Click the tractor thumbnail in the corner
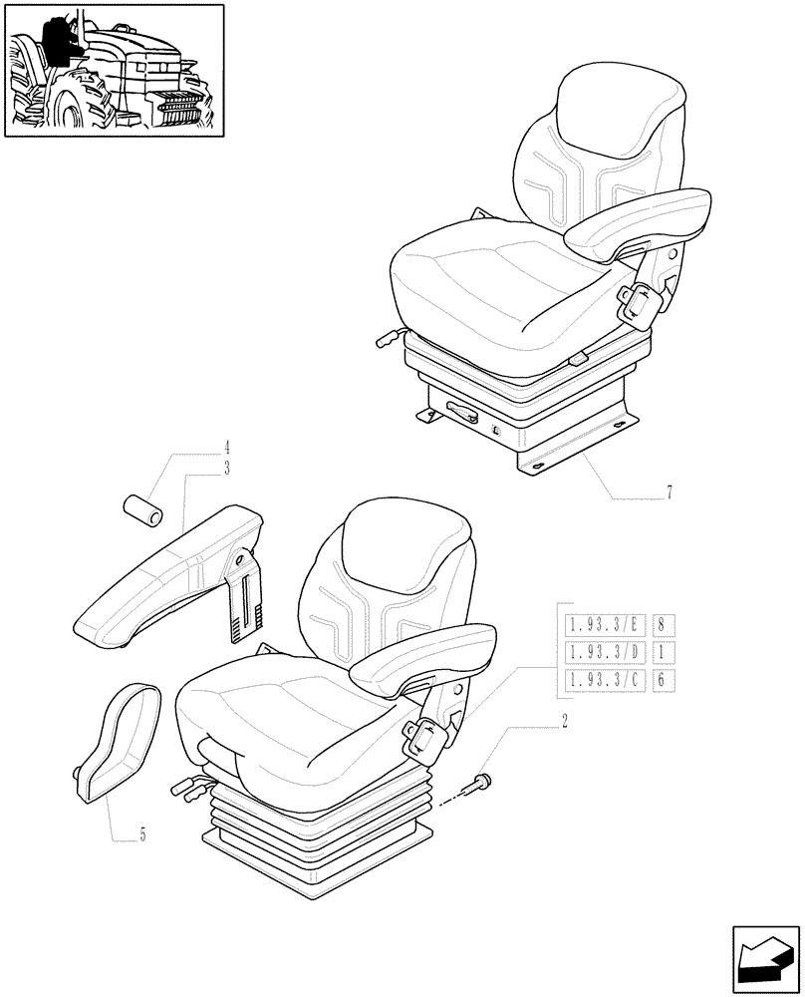[x=113, y=71]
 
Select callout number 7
[x=670, y=492]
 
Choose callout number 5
[x=141, y=835]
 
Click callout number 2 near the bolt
[x=565, y=720]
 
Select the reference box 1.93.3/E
[x=605, y=626]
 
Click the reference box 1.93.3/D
[x=605, y=653]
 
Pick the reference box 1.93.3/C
[x=605, y=680]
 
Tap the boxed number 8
[x=662, y=626]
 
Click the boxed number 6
[x=662, y=680]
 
